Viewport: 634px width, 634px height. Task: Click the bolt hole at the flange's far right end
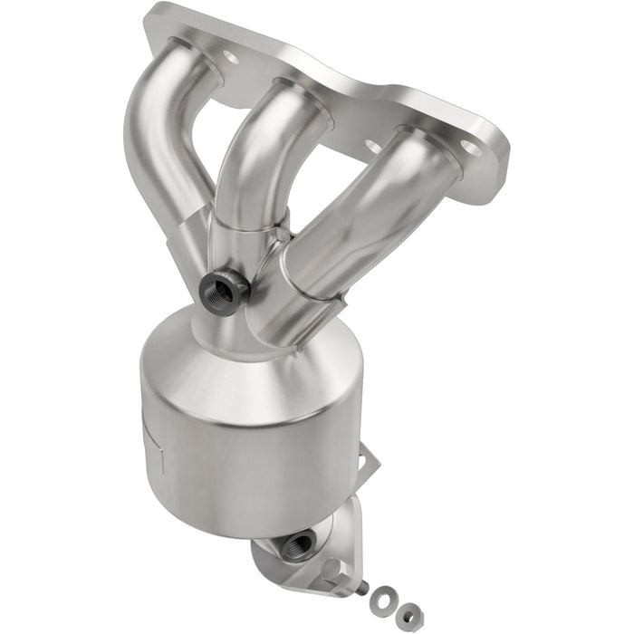[x=467, y=145]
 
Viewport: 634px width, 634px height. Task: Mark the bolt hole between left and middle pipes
[x=230, y=58]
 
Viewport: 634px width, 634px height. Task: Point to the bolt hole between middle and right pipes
[x=371, y=145]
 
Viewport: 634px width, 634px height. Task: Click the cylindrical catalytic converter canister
[x=249, y=435]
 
